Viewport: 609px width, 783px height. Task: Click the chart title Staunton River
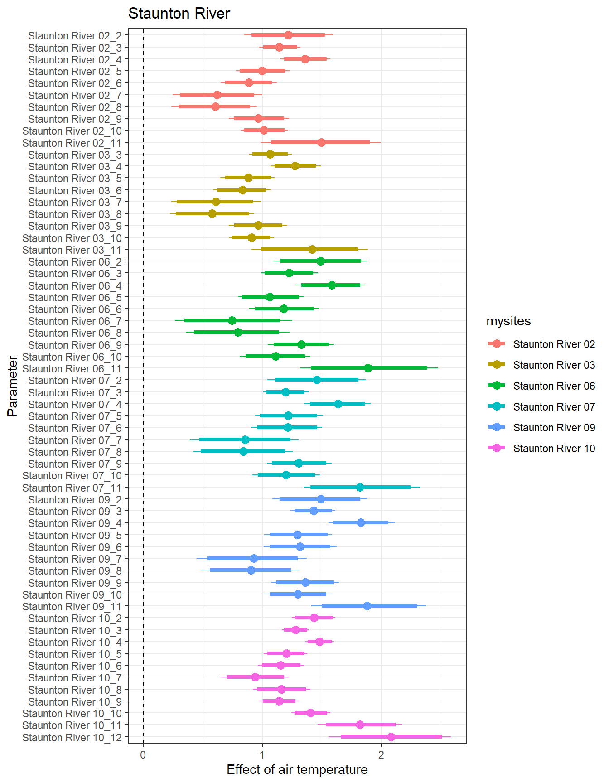(179, 14)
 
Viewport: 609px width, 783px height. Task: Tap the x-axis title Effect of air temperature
(297, 769)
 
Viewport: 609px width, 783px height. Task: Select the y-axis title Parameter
(13, 386)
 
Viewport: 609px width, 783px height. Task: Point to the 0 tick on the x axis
(143, 754)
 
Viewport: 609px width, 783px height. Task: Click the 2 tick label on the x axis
(381, 754)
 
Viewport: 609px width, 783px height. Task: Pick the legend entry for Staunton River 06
(554, 386)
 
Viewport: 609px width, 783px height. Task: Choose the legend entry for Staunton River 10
(554, 449)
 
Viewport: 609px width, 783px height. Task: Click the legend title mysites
(508, 321)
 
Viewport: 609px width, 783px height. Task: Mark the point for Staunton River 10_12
(391, 737)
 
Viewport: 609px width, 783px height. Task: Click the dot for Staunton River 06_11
(368, 368)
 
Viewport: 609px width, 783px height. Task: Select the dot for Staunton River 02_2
(288, 35)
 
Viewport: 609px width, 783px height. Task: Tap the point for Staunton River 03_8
(212, 213)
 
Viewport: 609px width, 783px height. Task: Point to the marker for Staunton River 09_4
(361, 522)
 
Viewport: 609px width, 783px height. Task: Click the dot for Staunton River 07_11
(360, 487)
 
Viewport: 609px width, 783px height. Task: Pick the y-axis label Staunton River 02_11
(72, 143)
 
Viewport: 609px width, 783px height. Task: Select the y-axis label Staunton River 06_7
(75, 321)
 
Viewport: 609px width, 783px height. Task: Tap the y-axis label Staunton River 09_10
(72, 594)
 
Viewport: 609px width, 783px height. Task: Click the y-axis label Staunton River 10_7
(75, 678)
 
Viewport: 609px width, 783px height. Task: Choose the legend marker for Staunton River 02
(497, 344)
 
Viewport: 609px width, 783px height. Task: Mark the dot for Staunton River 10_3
(295, 630)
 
